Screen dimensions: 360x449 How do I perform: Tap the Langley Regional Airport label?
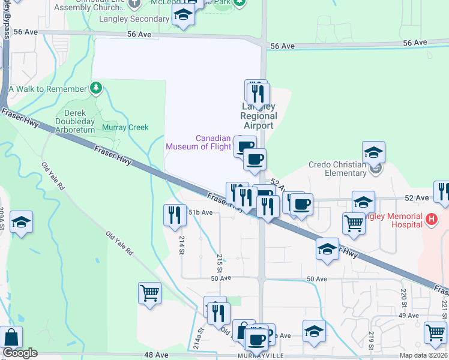(x=259, y=116)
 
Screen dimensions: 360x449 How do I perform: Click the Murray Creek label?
(x=125, y=127)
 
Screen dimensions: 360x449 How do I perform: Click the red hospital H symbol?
(x=430, y=220)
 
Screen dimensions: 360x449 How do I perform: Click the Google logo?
(x=20, y=353)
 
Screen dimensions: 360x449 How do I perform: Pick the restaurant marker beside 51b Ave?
(x=175, y=214)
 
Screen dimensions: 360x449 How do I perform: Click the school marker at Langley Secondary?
(x=182, y=16)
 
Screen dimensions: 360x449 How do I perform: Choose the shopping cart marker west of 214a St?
(x=149, y=293)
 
